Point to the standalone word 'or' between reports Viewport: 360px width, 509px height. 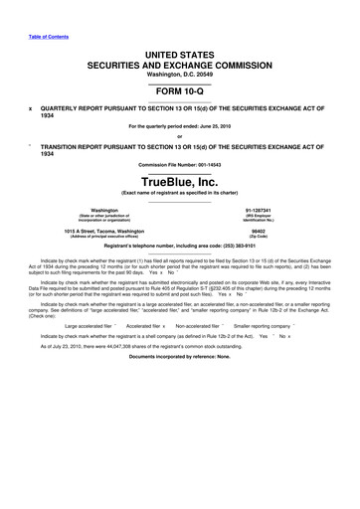180,136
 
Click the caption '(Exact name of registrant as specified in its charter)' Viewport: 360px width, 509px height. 180,195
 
